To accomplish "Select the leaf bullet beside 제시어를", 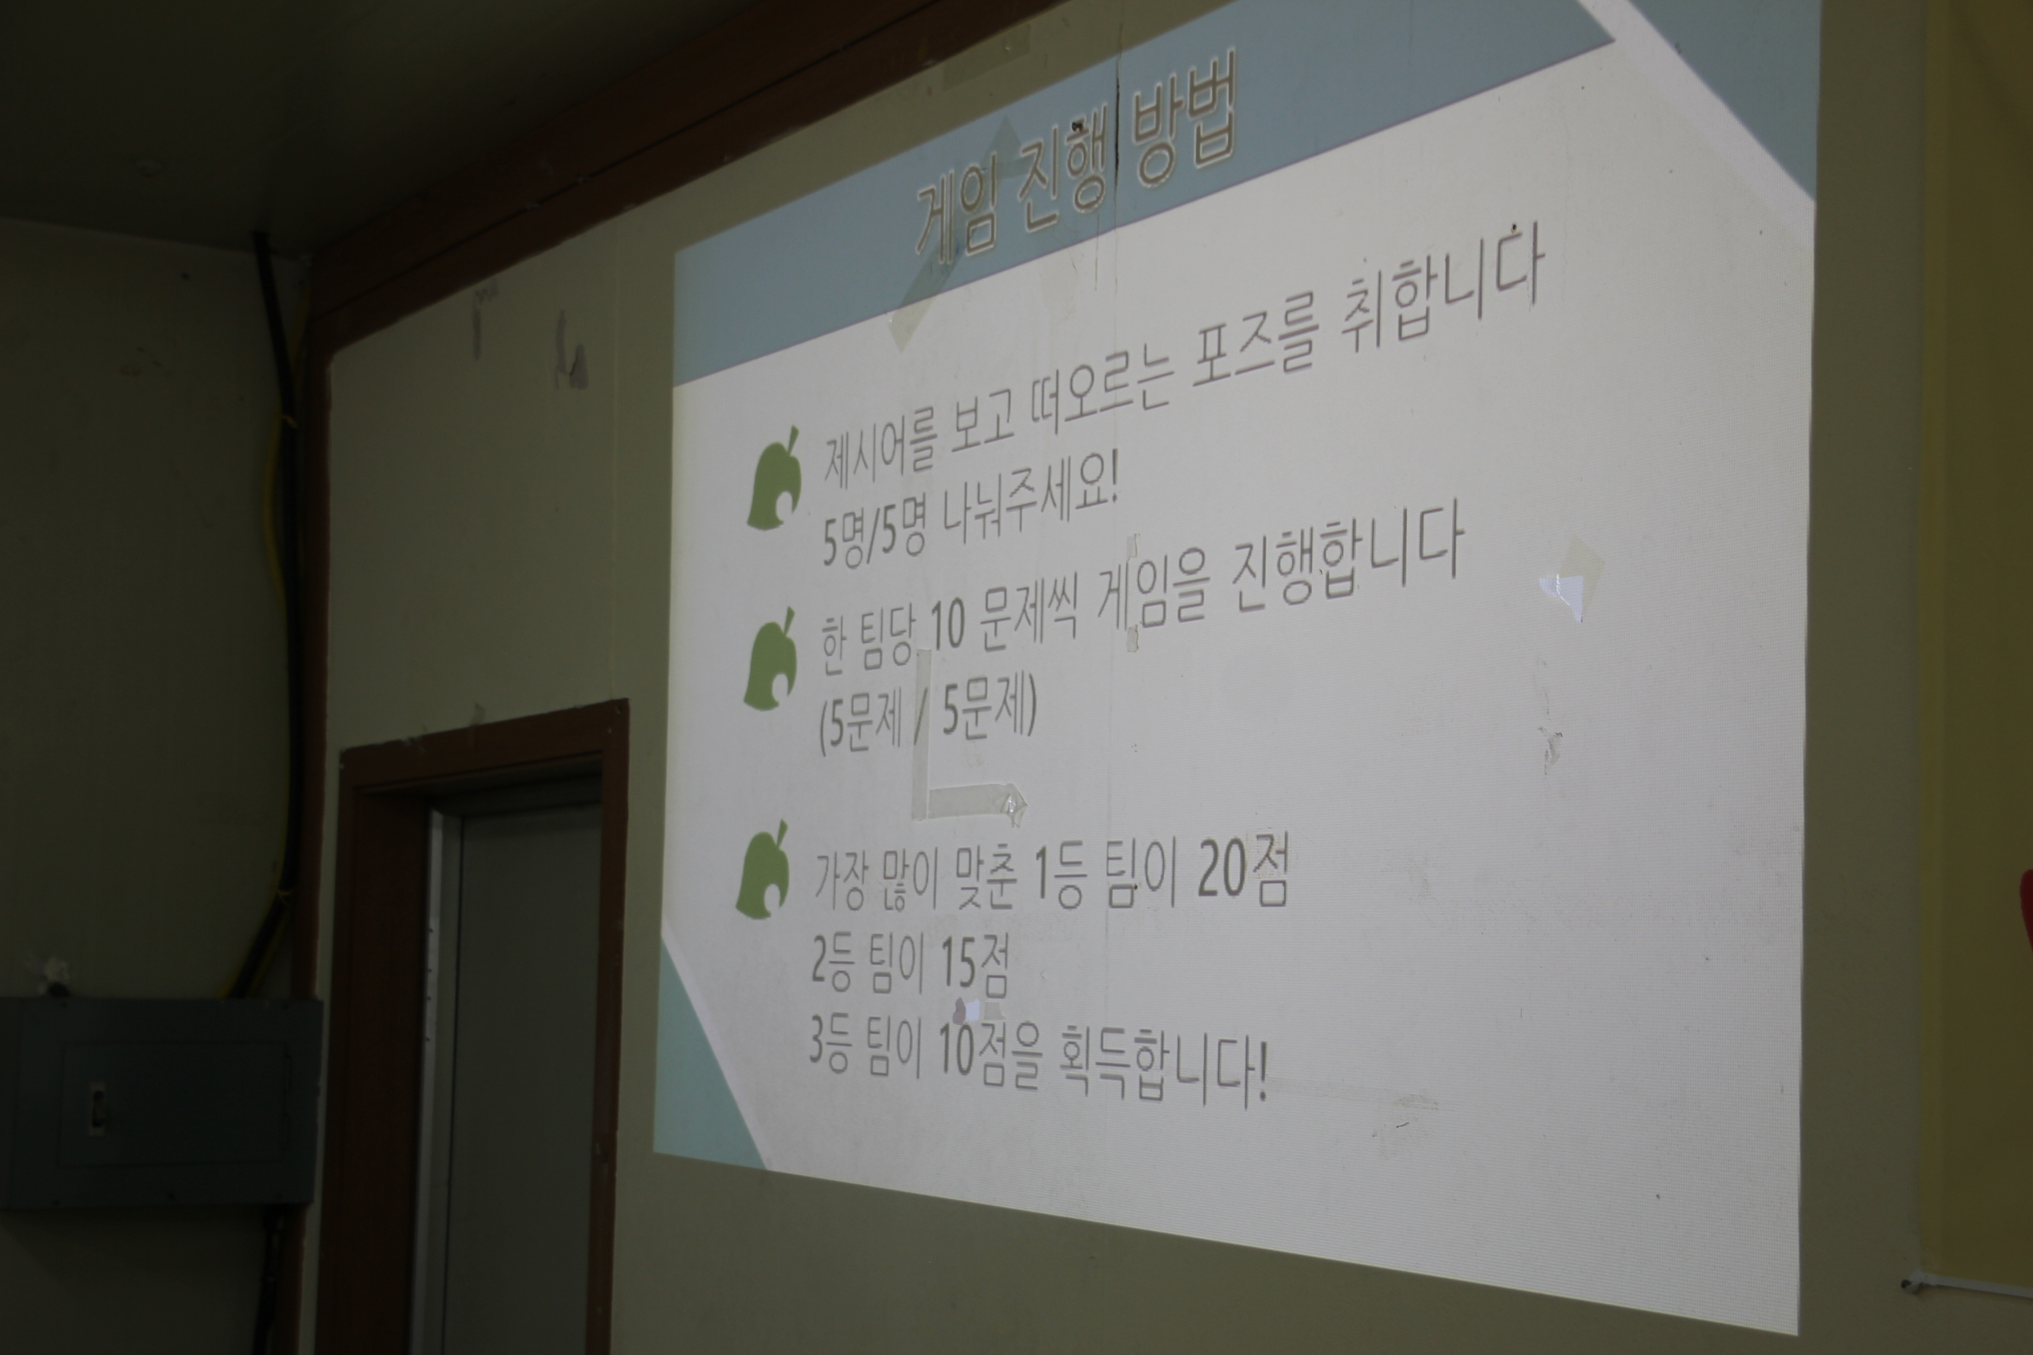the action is tap(772, 481).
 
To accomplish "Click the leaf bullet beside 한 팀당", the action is tap(769, 660).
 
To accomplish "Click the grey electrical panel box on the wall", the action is tap(161, 1102).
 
